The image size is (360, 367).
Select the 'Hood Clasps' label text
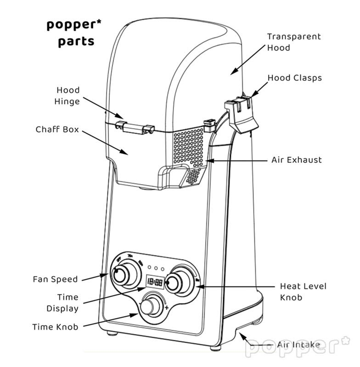(x=294, y=78)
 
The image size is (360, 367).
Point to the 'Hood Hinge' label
(x=68, y=96)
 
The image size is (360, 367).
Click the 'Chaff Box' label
(x=57, y=130)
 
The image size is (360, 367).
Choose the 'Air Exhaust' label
(x=297, y=160)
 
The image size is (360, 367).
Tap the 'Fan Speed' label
(x=55, y=279)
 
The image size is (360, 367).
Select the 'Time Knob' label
(x=55, y=327)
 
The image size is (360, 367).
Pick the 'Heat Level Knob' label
(x=303, y=292)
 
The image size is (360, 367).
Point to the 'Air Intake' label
(x=299, y=344)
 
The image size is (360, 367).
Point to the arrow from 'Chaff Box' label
(x=104, y=142)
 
